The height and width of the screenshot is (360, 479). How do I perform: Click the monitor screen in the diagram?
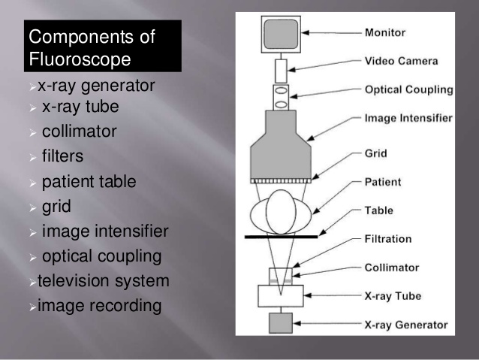coord(280,35)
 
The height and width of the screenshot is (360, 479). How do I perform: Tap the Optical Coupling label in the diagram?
coord(408,89)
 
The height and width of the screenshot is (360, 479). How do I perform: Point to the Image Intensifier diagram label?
coord(408,118)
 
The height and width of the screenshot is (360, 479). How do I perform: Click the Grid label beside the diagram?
coord(375,153)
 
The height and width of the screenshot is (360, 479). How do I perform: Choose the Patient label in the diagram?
coord(383,182)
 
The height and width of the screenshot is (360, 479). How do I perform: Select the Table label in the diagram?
coord(379,210)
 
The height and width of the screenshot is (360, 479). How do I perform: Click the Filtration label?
coord(388,239)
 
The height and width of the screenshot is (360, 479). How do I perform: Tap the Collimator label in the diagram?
coord(391,268)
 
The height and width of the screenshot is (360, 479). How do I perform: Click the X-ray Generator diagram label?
coord(405,325)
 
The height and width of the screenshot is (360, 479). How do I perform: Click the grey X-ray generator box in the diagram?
coord(279,324)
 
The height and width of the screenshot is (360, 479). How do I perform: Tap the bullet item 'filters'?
coord(62,156)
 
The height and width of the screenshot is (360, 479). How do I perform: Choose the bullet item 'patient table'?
coord(89,181)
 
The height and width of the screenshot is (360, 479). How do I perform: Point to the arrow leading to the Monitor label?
coord(333,32)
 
